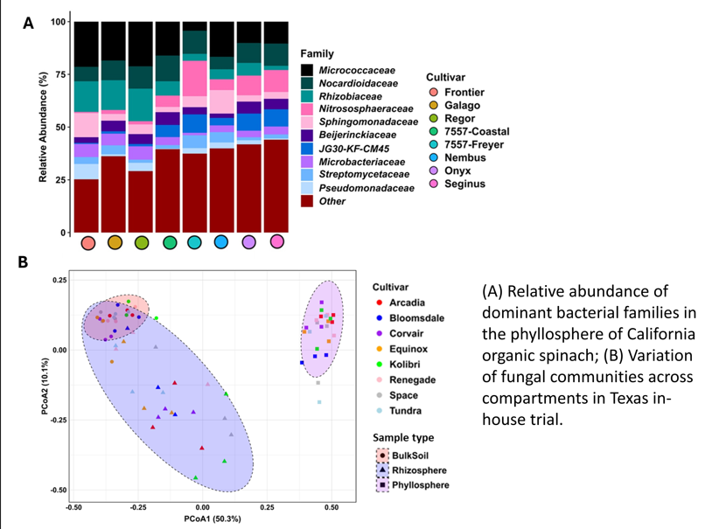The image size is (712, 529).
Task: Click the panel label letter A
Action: pyautogui.click(x=28, y=24)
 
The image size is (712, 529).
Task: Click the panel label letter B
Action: pyautogui.click(x=24, y=261)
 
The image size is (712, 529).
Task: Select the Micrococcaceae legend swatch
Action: pyautogui.click(x=306, y=69)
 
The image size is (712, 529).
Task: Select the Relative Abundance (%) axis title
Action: pyautogui.click(x=42, y=127)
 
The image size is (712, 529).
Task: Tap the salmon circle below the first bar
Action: pyautogui.click(x=87, y=242)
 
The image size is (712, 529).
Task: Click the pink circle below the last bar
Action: pyautogui.click(x=277, y=241)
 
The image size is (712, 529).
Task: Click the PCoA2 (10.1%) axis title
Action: pyautogui.click(x=44, y=385)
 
